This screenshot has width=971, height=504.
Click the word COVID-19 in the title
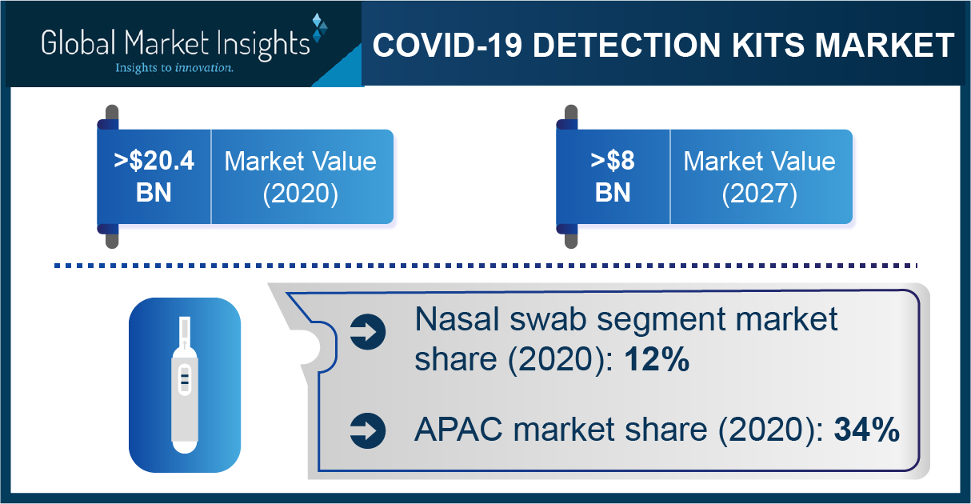click(447, 45)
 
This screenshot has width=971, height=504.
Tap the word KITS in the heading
click(768, 45)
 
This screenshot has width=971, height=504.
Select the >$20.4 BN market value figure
click(154, 177)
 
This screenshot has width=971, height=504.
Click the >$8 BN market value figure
click(613, 177)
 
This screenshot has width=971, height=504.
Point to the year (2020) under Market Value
click(301, 194)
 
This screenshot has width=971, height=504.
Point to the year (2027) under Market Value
click(760, 194)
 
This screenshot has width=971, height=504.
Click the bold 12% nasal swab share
click(657, 359)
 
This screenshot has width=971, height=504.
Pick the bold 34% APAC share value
click(867, 430)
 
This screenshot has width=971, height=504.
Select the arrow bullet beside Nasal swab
click(368, 332)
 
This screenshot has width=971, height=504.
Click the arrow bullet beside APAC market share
click(368, 430)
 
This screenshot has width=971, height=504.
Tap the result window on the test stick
click(185, 378)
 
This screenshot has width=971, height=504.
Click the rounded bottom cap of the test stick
click(185, 446)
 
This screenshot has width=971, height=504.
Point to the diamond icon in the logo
click(320, 28)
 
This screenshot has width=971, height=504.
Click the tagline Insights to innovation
click(174, 68)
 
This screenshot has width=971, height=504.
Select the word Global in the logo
click(79, 42)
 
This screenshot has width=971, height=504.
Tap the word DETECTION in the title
click(627, 45)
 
